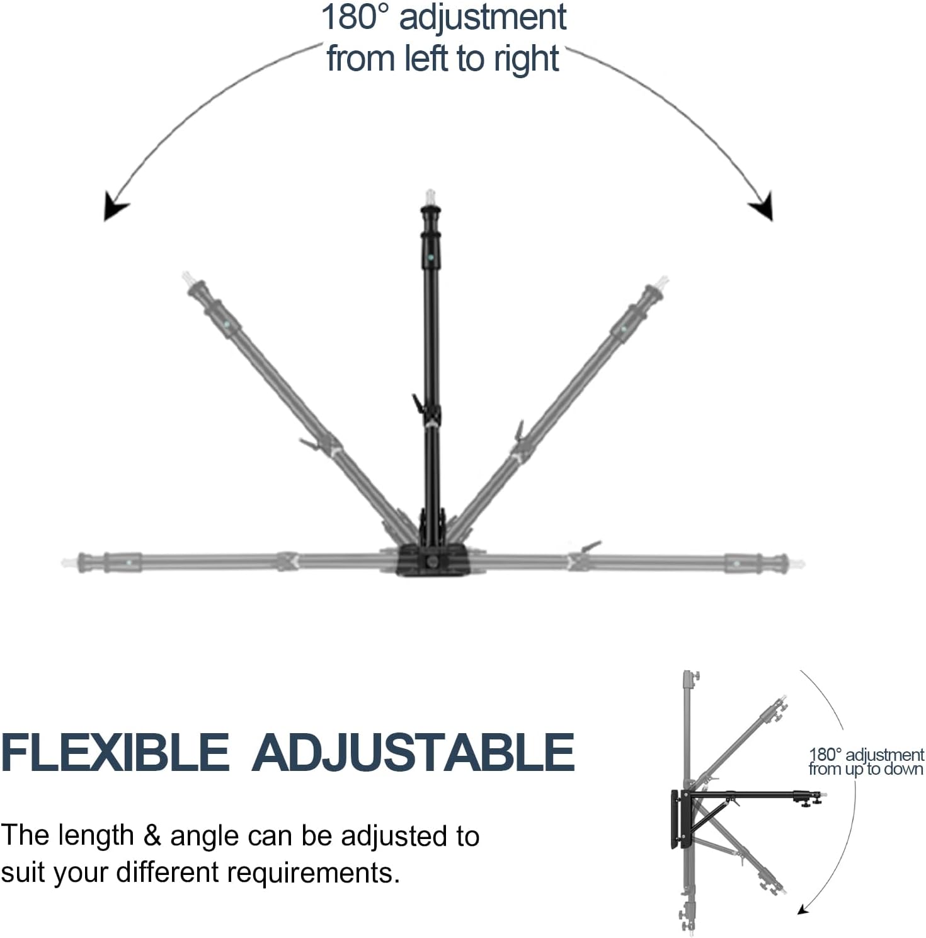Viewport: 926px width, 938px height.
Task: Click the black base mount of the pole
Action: pos(433,560)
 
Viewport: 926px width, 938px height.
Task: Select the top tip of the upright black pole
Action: pos(430,195)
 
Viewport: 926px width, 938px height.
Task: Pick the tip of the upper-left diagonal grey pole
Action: pos(187,277)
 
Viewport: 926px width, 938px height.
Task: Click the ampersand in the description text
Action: pos(152,836)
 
